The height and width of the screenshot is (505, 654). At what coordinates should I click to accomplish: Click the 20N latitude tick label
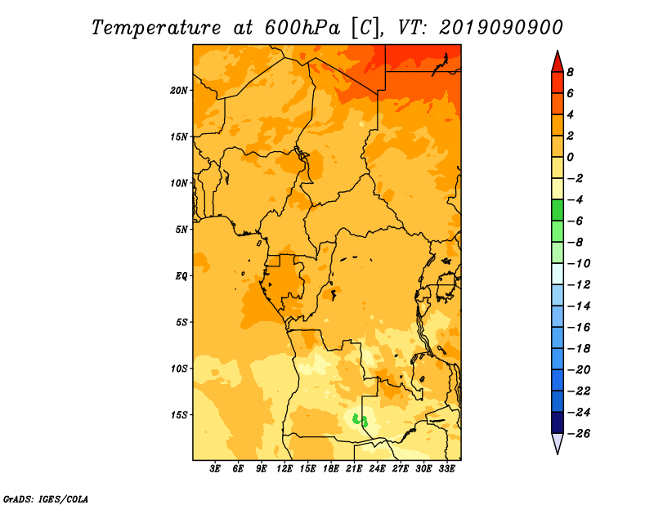(x=178, y=91)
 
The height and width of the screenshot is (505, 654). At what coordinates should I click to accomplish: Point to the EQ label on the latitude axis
(x=181, y=276)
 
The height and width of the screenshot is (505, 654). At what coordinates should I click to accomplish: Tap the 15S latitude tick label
(x=178, y=415)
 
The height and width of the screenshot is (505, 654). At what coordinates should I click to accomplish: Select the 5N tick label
(x=181, y=230)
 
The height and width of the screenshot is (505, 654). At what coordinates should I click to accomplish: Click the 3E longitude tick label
(x=215, y=469)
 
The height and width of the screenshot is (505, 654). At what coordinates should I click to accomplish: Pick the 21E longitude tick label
(x=354, y=469)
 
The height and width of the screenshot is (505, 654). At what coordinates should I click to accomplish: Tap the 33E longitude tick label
(x=446, y=469)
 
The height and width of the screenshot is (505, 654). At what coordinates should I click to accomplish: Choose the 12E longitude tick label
(x=284, y=469)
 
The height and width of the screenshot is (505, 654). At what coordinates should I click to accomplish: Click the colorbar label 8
(x=570, y=72)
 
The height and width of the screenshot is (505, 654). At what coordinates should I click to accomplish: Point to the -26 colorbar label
(x=580, y=434)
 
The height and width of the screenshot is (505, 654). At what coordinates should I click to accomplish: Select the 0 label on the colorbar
(x=570, y=157)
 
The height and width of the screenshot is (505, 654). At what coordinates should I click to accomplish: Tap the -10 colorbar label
(x=580, y=264)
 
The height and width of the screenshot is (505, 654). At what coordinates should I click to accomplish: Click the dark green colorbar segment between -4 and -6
(x=558, y=210)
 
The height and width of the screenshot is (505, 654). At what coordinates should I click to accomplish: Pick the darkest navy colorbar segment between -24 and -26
(x=558, y=422)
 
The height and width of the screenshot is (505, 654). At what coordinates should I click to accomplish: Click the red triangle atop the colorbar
(x=558, y=63)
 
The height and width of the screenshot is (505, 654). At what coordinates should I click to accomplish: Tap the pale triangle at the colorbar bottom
(x=558, y=442)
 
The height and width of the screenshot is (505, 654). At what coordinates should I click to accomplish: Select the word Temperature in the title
(x=156, y=29)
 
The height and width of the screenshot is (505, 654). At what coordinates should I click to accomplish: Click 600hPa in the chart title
(x=302, y=28)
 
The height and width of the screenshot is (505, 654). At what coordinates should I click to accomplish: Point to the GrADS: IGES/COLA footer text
(x=46, y=499)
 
